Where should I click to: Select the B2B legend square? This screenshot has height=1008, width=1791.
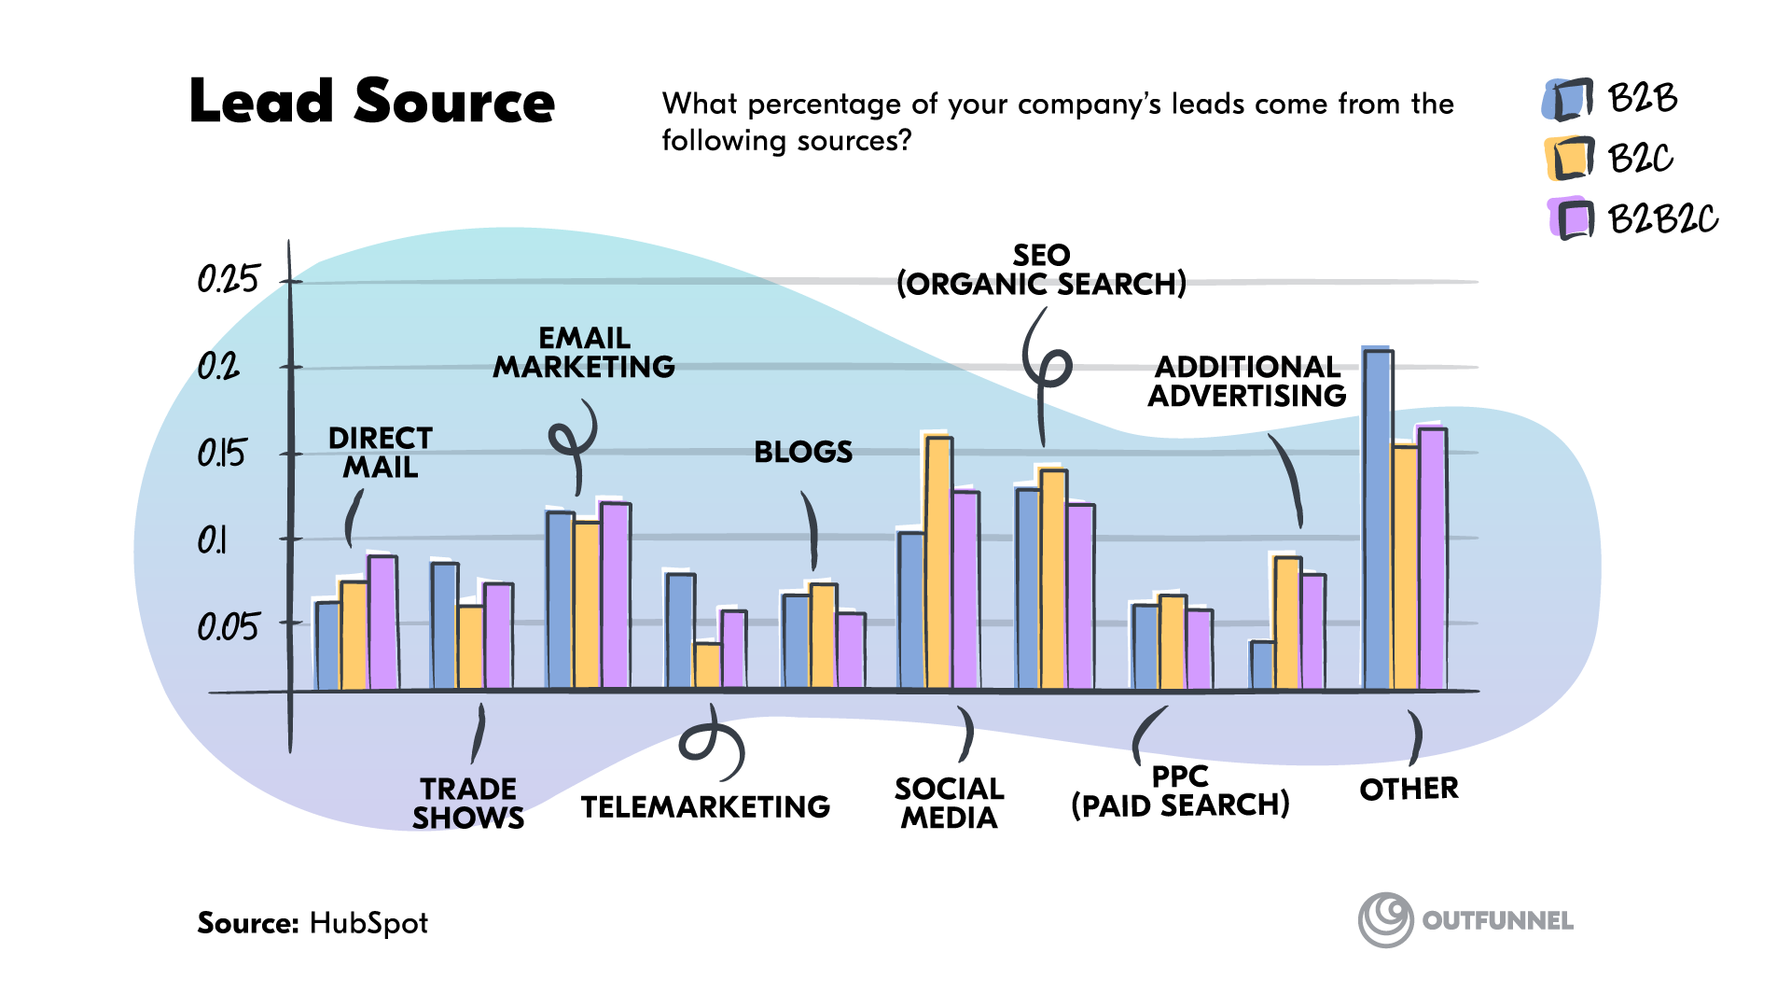coord(1569,99)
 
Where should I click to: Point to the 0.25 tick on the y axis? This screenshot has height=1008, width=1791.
coord(228,279)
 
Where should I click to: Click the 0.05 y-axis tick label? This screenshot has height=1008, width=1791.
coord(228,626)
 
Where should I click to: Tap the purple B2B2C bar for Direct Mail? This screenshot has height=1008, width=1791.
coord(382,623)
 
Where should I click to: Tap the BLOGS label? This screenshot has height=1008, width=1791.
coord(803,453)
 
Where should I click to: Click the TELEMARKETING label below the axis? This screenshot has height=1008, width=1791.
coord(705,806)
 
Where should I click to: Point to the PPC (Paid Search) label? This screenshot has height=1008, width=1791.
coord(1180,791)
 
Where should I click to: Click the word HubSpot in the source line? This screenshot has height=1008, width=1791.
coord(368,923)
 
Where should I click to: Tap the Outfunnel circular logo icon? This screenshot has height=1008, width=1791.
coord(1385,919)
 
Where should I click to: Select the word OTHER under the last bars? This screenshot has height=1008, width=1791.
coord(1409,790)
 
